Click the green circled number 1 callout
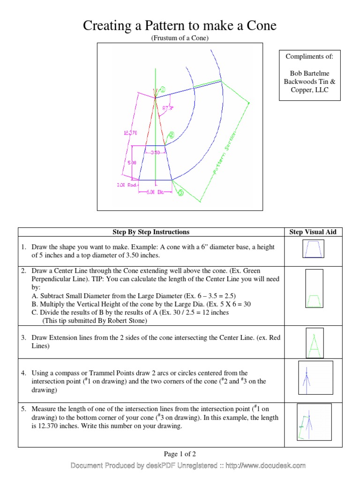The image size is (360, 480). point(163,90)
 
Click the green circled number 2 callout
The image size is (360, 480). point(171,135)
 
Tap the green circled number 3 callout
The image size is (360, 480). point(180,192)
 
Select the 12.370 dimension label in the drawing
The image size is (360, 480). point(130,133)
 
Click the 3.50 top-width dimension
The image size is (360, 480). point(155,152)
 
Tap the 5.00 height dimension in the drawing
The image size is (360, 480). point(132,162)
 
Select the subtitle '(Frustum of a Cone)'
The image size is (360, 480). point(180,38)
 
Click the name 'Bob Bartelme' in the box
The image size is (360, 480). point(309,73)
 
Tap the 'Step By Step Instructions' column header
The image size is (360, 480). point(151,232)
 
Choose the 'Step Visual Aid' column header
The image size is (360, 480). point(313,232)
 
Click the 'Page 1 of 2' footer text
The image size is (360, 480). point(180,454)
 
